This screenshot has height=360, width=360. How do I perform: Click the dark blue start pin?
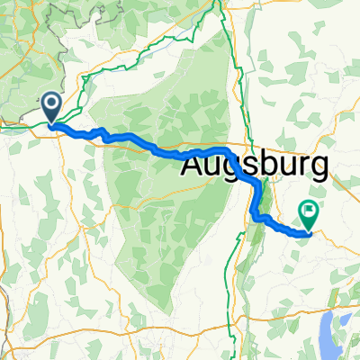coord(51,108)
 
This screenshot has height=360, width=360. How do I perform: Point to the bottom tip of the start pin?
coord(51,123)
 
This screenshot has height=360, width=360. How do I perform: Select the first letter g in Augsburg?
coord(233,171)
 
